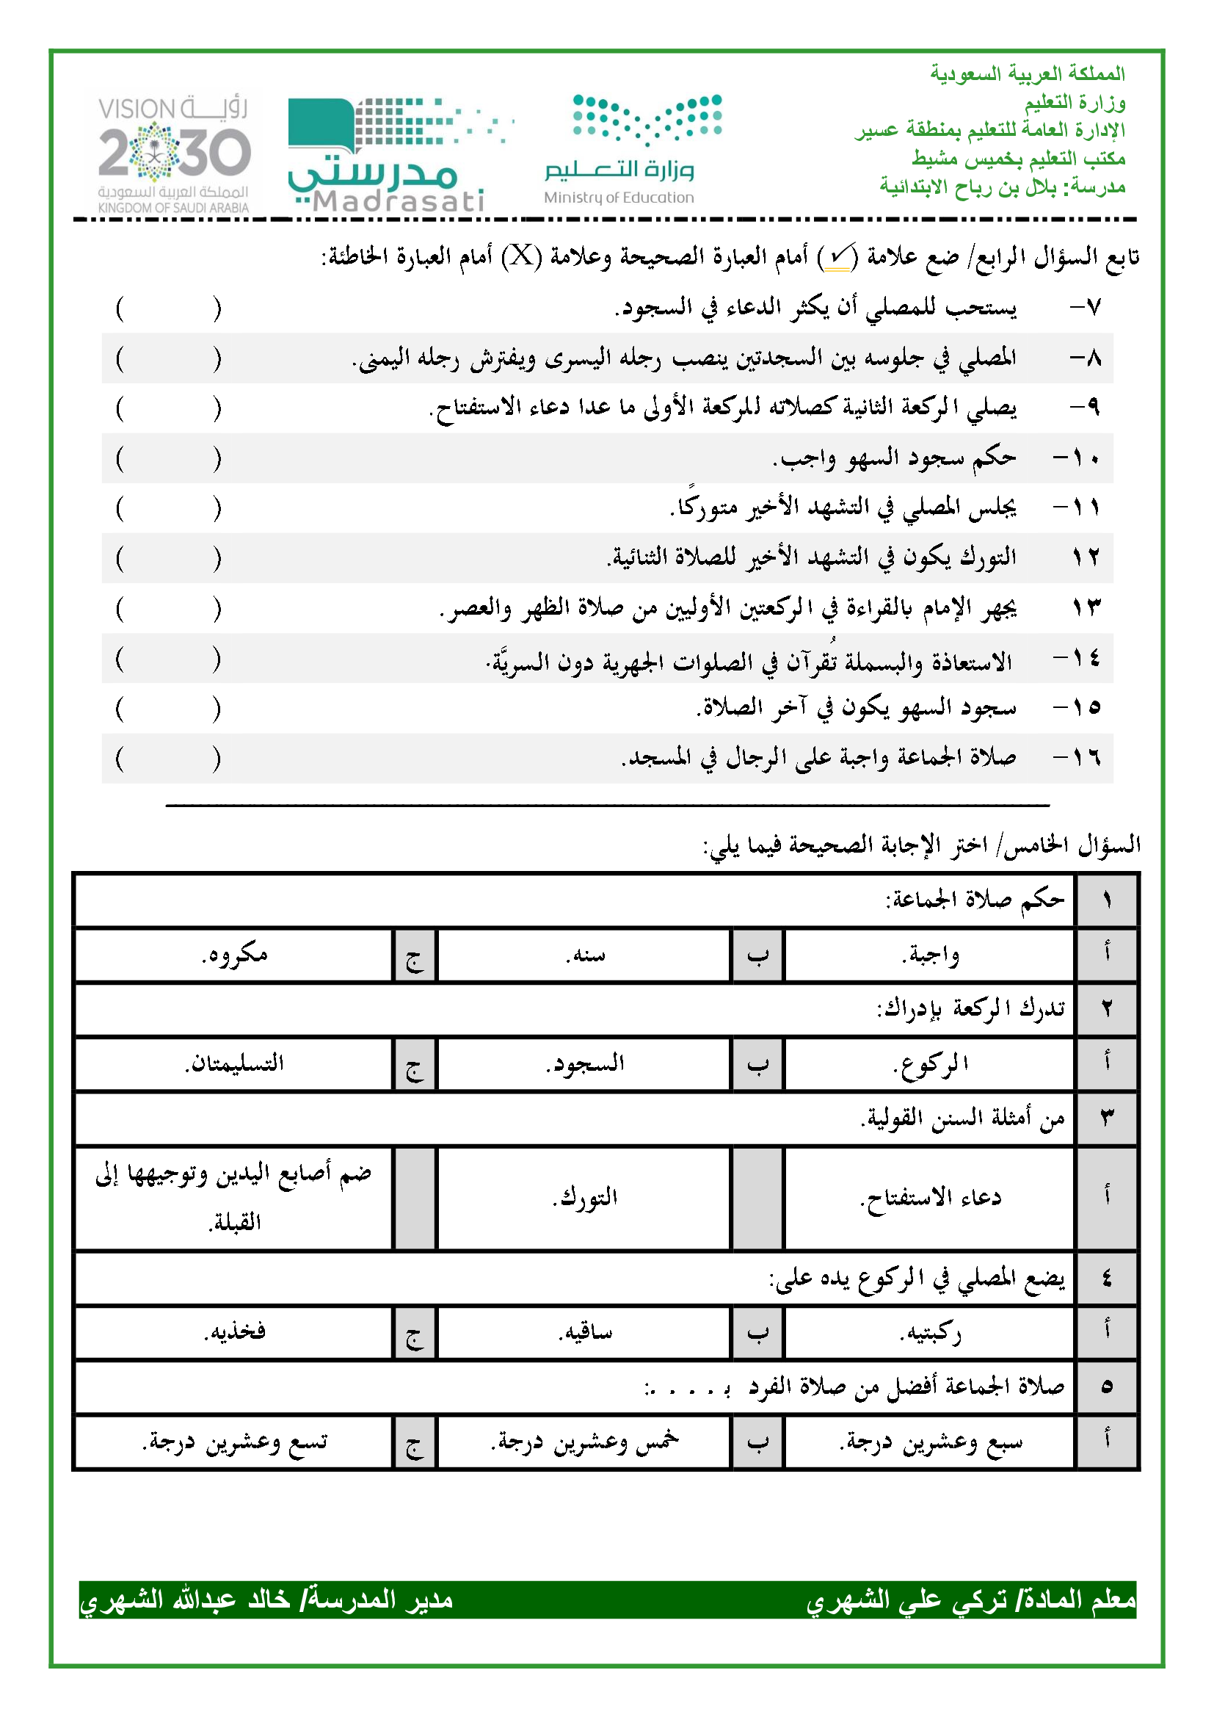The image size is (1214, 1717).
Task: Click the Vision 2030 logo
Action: click(173, 155)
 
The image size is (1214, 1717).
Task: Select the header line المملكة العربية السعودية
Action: click(1027, 73)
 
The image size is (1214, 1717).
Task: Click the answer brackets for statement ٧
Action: click(168, 308)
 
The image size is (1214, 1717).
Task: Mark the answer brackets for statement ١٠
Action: click(168, 458)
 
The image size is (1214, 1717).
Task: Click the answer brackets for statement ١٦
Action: click(168, 759)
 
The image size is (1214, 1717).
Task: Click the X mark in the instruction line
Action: click(522, 256)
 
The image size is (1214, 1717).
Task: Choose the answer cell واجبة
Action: click(929, 955)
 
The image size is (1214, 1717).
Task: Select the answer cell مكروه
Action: click(234, 955)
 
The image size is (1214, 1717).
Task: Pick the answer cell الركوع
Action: click(929, 1064)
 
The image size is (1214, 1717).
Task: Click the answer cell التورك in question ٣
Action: click(584, 1198)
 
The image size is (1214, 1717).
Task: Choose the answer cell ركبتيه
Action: click(929, 1333)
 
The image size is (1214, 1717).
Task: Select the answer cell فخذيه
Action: click(234, 1333)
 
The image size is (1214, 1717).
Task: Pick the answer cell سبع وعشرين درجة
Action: click(929, 1442)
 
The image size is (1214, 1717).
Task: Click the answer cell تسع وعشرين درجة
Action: click(234, 1442)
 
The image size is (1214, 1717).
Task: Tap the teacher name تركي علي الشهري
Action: click(906, 1599)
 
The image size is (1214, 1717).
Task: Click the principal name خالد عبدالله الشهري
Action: click(187, 1599)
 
